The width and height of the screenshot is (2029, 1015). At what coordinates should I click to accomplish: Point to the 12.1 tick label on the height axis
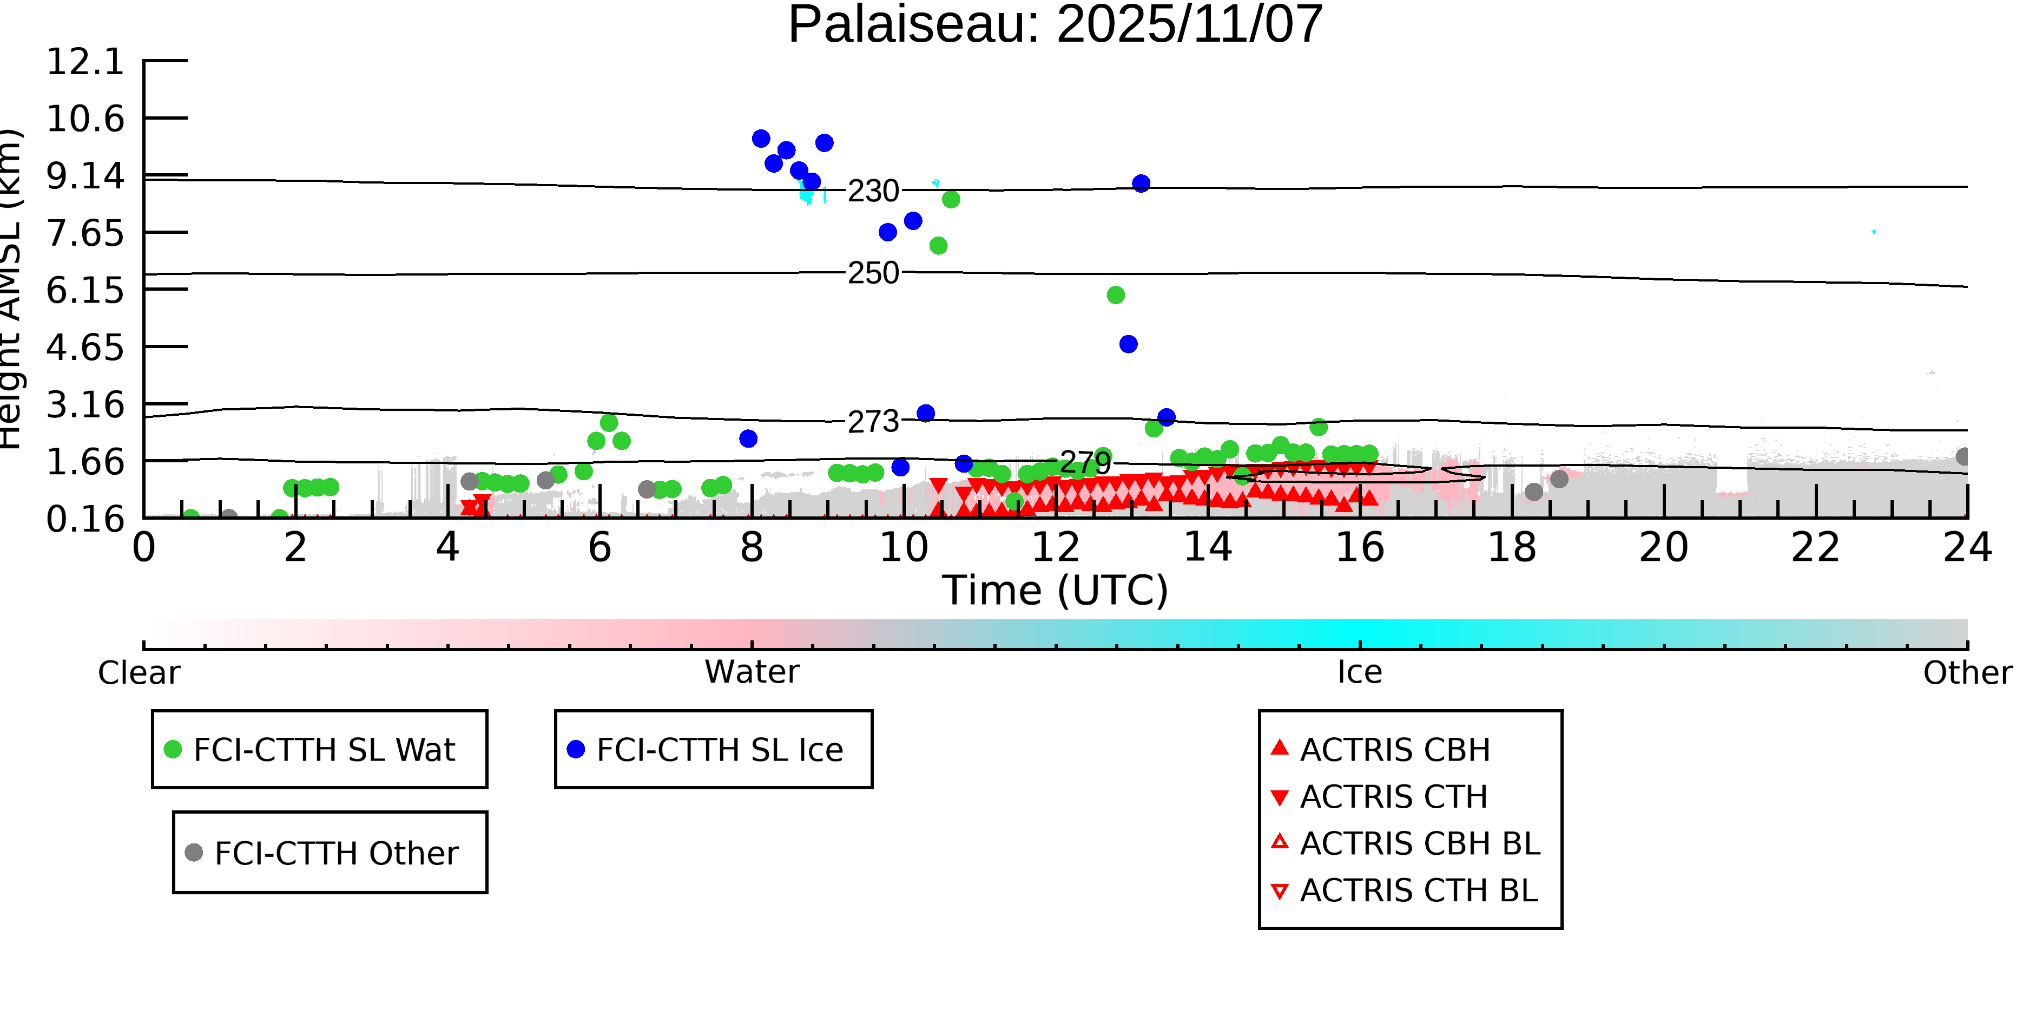85,62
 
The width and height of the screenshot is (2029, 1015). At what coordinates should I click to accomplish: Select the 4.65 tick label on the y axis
85,348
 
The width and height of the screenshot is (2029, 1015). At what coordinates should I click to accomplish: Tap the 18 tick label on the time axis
1512,548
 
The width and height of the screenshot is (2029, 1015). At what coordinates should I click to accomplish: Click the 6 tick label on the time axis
600,548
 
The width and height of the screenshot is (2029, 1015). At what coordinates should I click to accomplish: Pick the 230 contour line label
873,191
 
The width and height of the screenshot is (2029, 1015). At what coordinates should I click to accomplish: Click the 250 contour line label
873,273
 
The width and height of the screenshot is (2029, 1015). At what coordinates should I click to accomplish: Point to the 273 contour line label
873,422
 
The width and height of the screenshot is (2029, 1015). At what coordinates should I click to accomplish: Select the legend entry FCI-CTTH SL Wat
324,749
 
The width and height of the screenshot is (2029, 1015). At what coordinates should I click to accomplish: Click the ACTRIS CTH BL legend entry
1418,890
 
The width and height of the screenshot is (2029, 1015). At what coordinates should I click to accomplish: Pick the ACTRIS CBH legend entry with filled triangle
1394,749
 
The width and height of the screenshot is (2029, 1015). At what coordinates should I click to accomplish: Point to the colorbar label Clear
139,673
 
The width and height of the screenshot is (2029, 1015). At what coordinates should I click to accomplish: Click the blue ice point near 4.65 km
1128,344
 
